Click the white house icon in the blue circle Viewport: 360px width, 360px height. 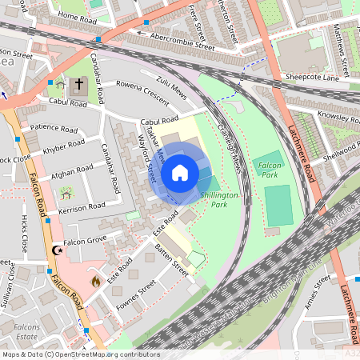click(x=180, y=172)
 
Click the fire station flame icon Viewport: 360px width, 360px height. click(x=95, y=281)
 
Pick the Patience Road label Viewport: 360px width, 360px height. click(x=53, y=127)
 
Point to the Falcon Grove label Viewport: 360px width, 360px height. click(x=86, y=240)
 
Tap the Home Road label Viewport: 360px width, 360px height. click(x=77, y=16)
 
